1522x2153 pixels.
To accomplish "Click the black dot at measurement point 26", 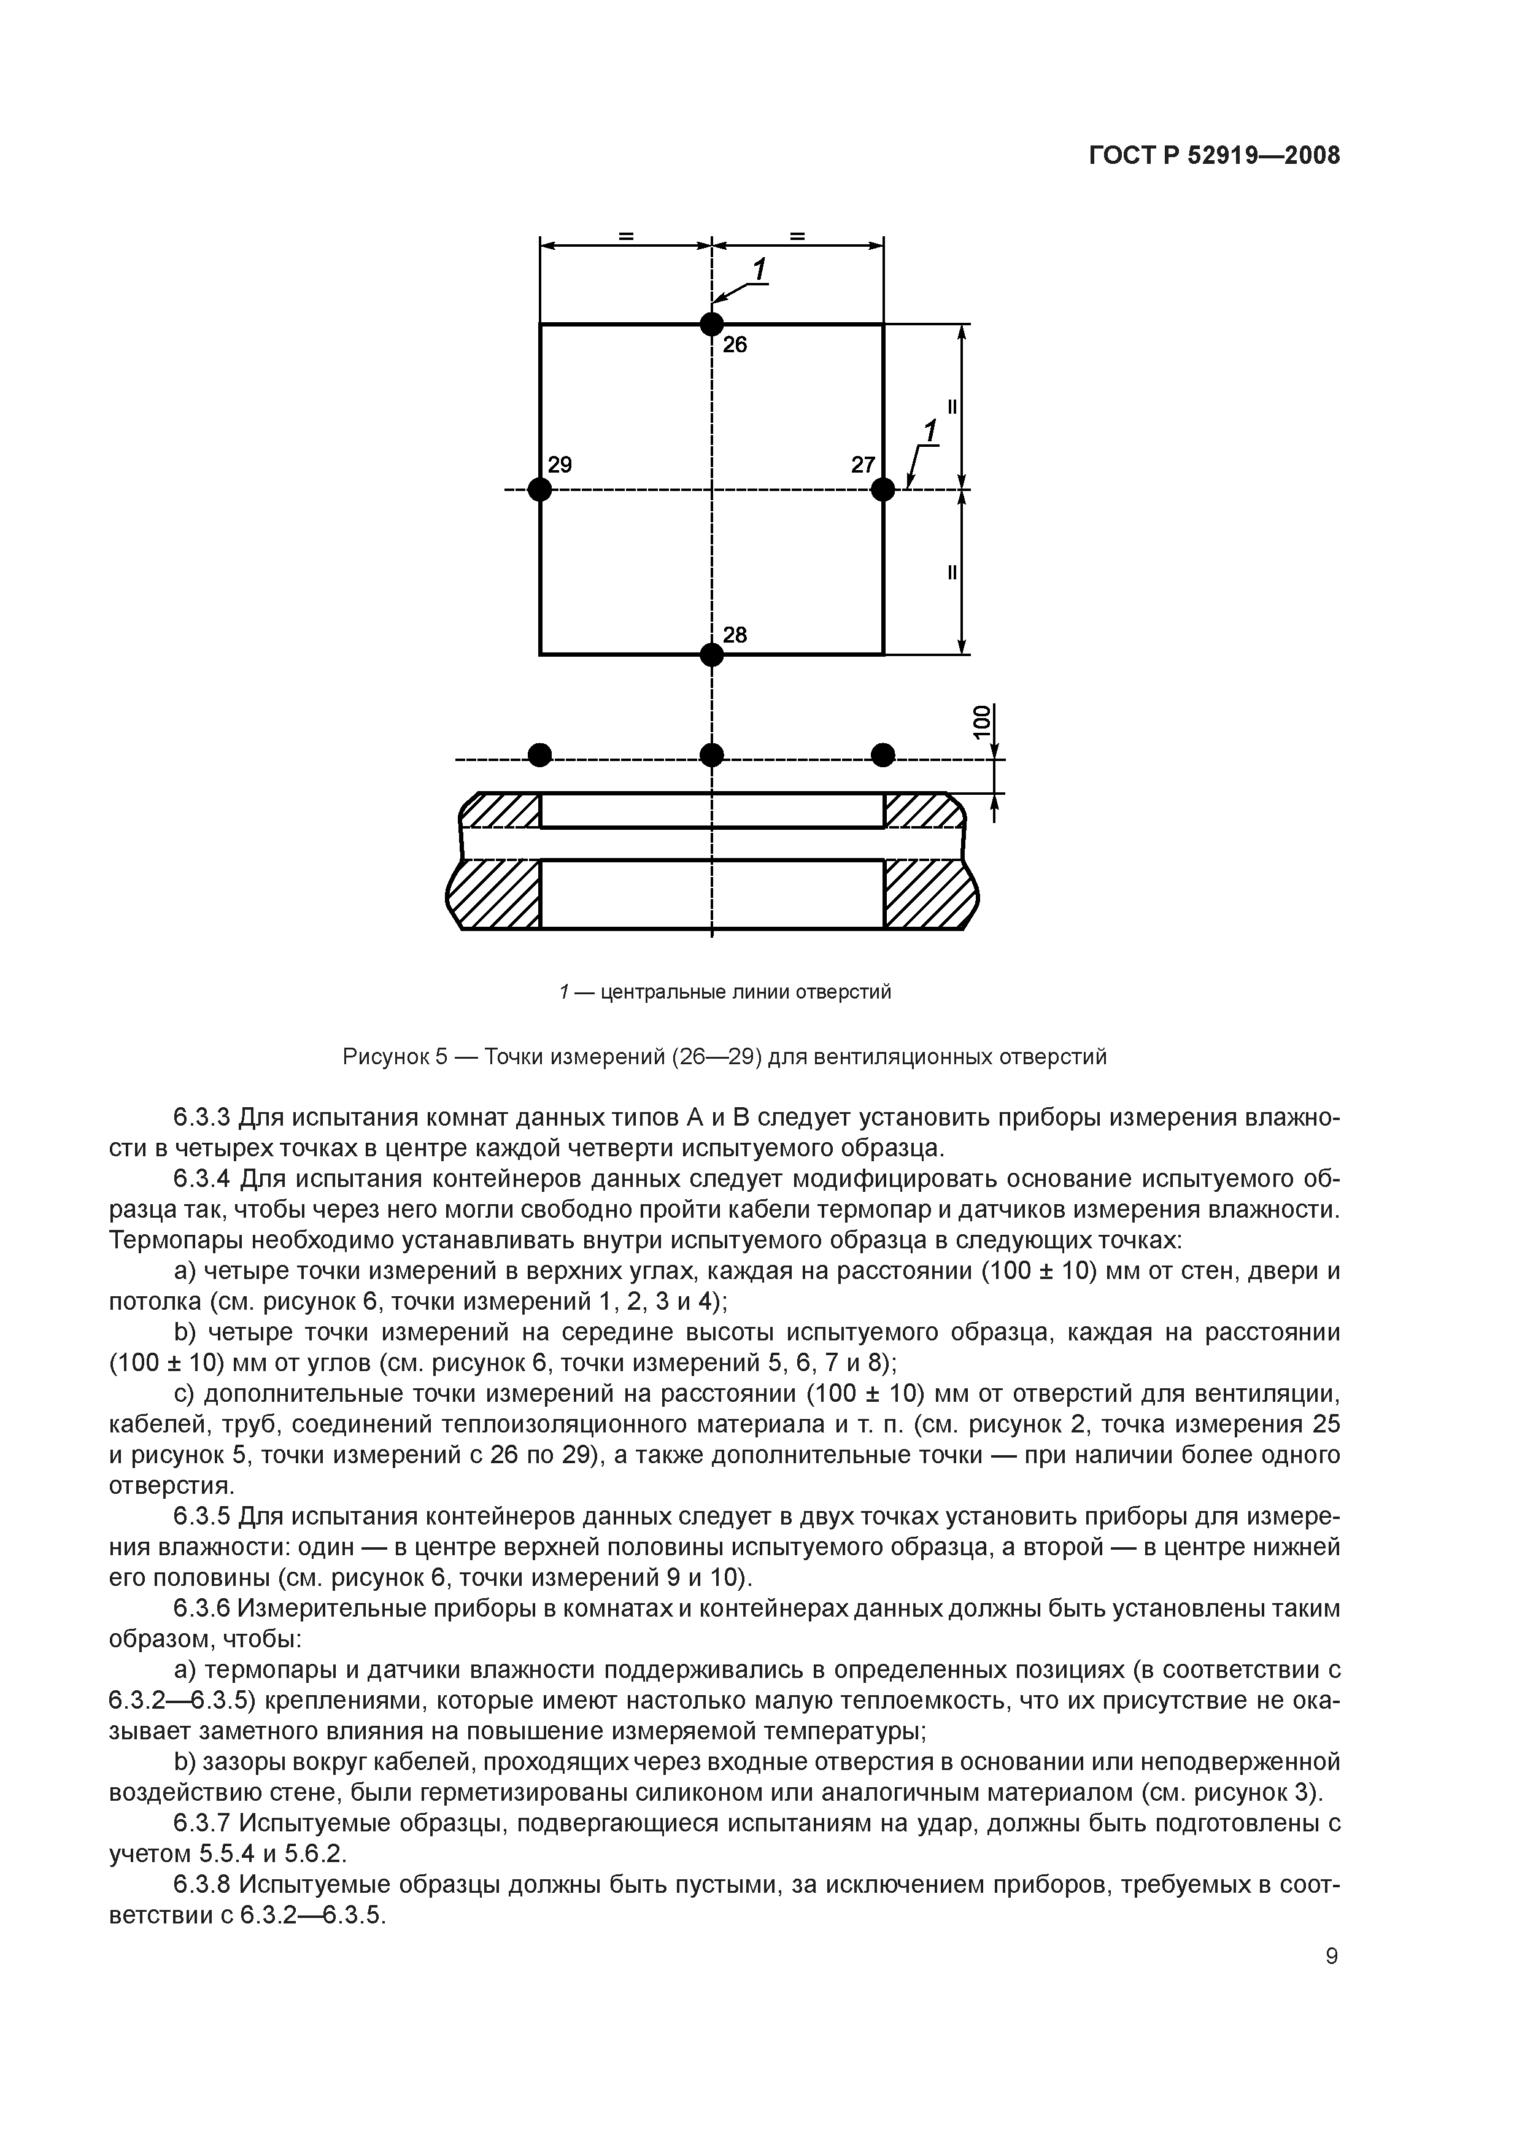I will [x=712, y=325].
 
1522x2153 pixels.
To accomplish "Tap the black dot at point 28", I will [x=712, y=654].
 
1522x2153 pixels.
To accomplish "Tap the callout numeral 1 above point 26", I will [x=760, y=270].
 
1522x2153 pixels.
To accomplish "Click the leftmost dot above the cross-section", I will [x=539, y=755].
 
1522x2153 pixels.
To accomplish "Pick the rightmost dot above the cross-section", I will [x=883, y=755].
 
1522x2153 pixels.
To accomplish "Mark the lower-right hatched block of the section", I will [x=929, y=895].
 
